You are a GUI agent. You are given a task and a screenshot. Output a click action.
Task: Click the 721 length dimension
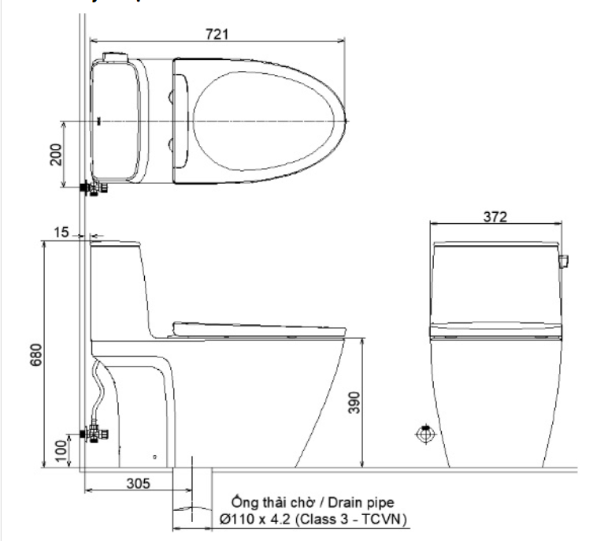(217, 35)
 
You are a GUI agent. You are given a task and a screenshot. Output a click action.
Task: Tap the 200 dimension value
(56, 155)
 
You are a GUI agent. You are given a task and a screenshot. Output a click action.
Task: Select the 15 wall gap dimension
(61, 232)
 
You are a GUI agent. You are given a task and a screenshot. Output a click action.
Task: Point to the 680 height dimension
(35, 355)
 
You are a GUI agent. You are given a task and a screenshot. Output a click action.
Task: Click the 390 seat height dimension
(354, 402)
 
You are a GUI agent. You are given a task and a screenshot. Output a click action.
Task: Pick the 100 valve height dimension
(61, 451)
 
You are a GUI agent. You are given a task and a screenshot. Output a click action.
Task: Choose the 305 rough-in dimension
(138, 483)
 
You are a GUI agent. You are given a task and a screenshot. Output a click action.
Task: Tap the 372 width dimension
(495, 217)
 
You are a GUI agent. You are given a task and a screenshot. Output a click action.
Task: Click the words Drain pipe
(361, 502)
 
